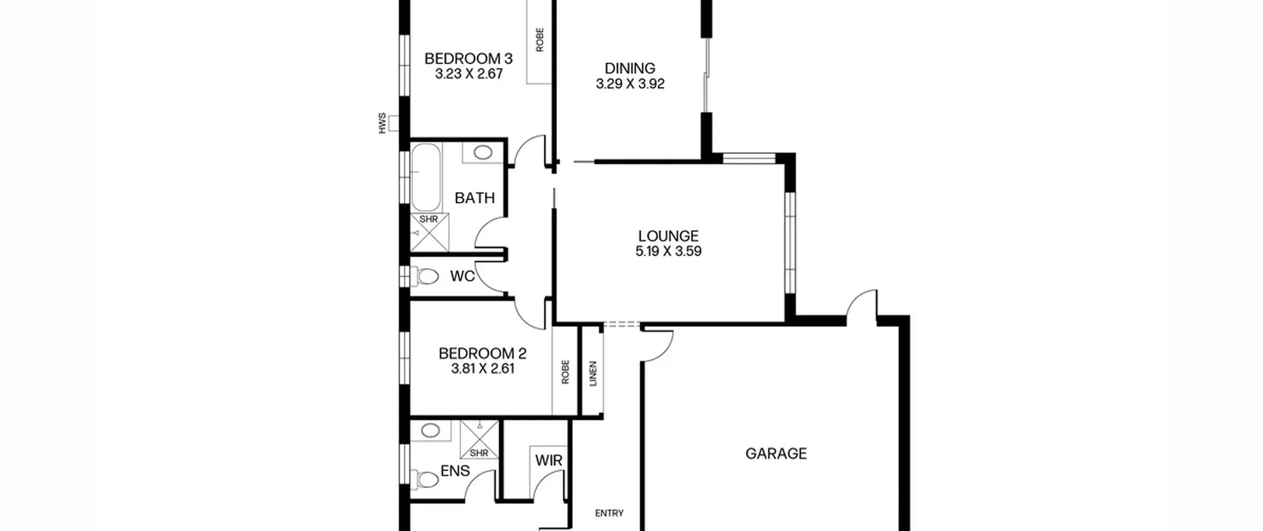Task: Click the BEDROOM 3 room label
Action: point(468,58)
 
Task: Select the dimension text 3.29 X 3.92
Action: point(630,83)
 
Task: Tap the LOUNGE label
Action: point(668,236)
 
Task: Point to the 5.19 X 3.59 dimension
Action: point(668,251)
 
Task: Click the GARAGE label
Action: point(776,453)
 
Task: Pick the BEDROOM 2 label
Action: point(482,353)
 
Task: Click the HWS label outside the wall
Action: point(382,123)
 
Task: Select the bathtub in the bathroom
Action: point(425,178)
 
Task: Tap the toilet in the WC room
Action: point(426,276)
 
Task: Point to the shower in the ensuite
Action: point(479,440)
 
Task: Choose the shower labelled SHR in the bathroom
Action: point(430,233)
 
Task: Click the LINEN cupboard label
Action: point(593,373)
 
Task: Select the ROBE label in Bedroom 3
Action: point(539,40)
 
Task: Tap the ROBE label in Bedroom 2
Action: point(565,372)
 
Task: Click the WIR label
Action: point(549,460)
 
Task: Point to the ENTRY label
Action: point(609,513)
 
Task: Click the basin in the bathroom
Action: point(483,153)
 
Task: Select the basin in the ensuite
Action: point(430,430)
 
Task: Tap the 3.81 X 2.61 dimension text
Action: point(482,368)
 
